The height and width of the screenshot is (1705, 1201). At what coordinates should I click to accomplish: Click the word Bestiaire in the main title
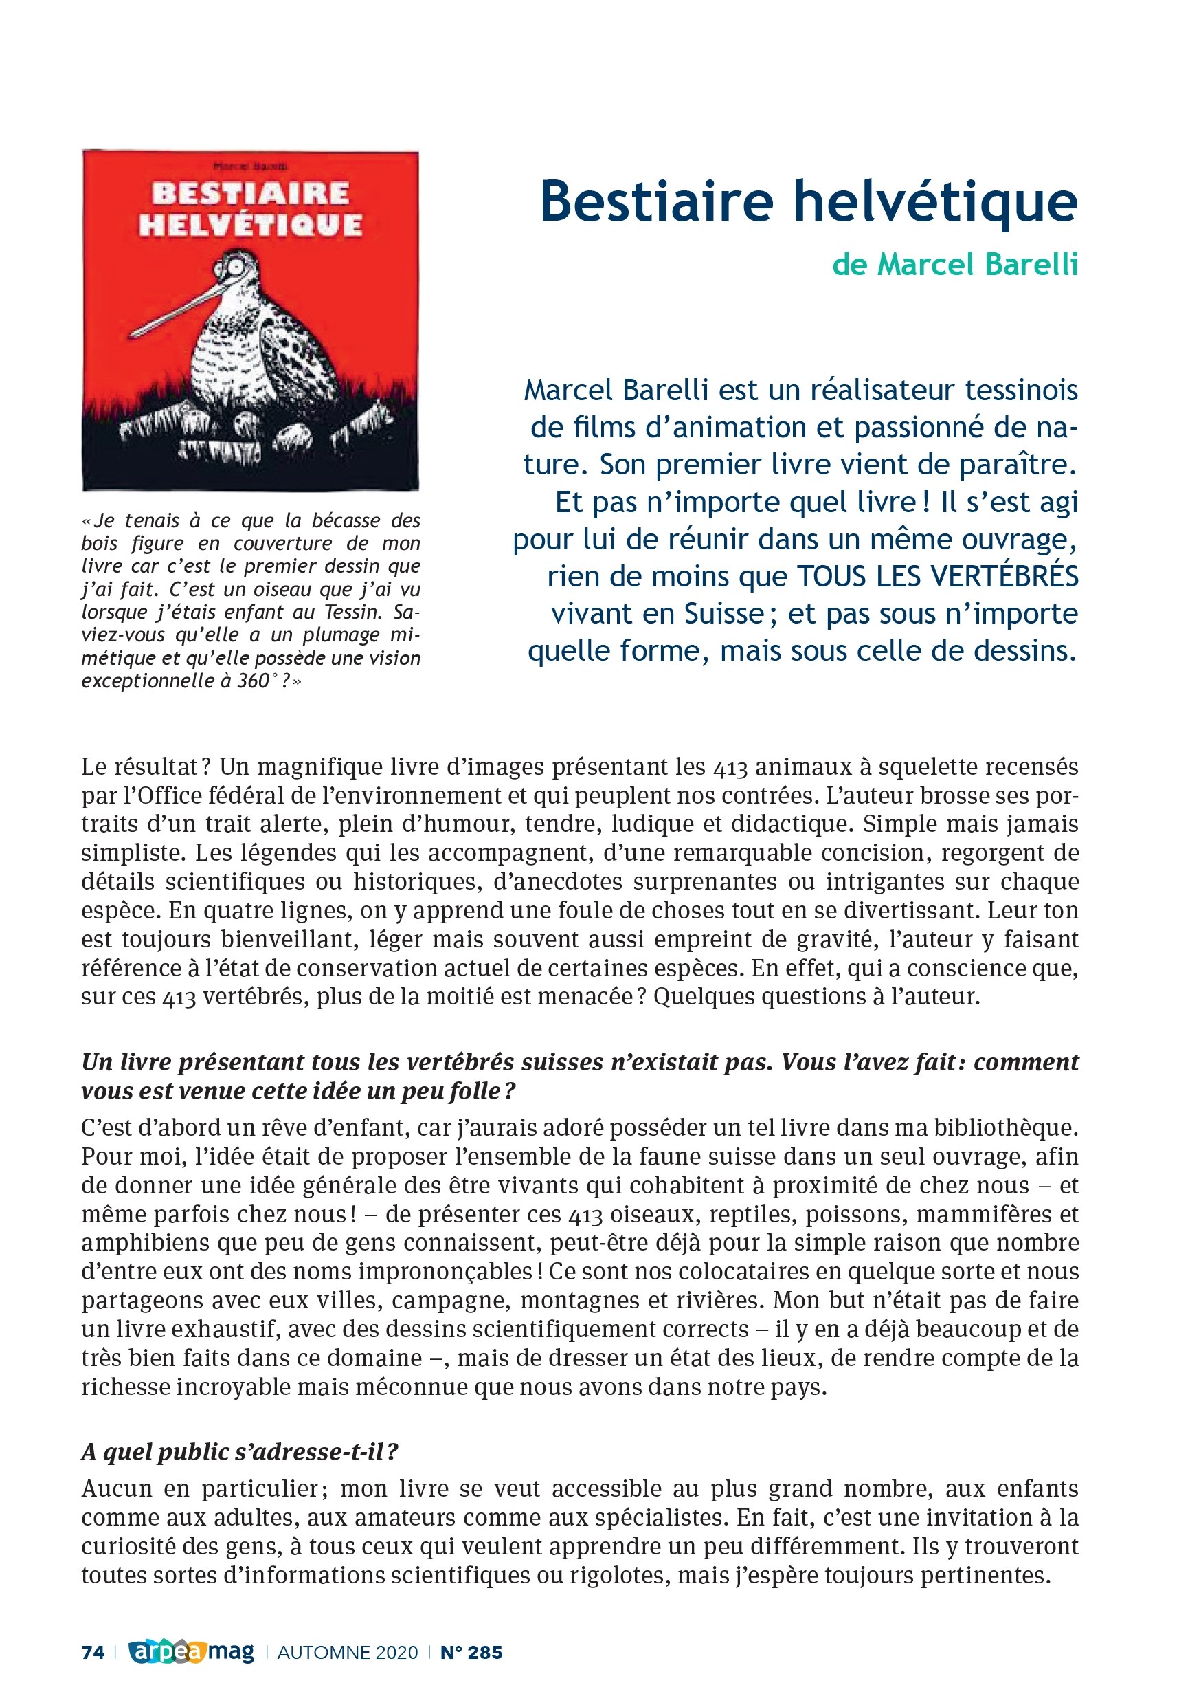(656, 201)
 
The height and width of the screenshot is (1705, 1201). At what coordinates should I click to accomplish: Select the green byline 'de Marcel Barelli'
(954, 265)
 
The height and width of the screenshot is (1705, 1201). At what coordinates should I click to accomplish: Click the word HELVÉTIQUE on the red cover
(250, 224)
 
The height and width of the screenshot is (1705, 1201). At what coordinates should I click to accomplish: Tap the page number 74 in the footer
(93, 1652)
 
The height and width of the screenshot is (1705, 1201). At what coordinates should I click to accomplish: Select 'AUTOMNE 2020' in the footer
(348, 1652)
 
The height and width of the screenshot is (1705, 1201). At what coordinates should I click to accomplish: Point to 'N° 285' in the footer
(471, 1652)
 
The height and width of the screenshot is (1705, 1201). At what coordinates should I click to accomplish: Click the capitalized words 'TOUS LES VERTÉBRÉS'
(937, 577)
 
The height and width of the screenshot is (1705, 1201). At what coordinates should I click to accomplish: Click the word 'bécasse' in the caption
(344, 520)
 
